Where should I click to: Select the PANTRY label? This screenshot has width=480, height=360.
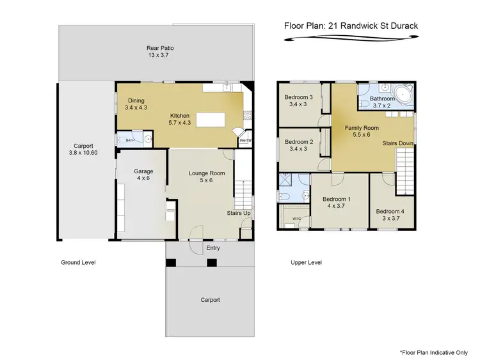pos(246,141)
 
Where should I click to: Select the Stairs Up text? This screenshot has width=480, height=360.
pos(239,213)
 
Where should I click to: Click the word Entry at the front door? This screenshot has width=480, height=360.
pos(212,248)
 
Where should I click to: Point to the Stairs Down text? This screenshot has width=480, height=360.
pos(397,144)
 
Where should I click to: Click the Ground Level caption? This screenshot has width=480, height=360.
pos(78,263)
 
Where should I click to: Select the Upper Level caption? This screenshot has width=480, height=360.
pos(306,263)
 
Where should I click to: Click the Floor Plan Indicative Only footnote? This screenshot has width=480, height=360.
pos(433,352)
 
